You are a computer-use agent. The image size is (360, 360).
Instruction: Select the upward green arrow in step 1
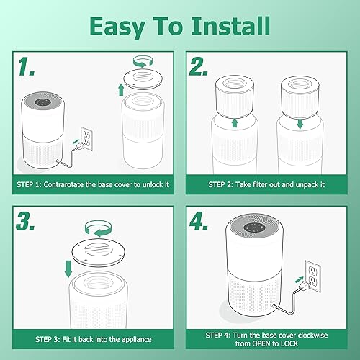click(120, 89)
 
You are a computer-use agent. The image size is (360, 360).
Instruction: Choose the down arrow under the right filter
click(300, 124)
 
